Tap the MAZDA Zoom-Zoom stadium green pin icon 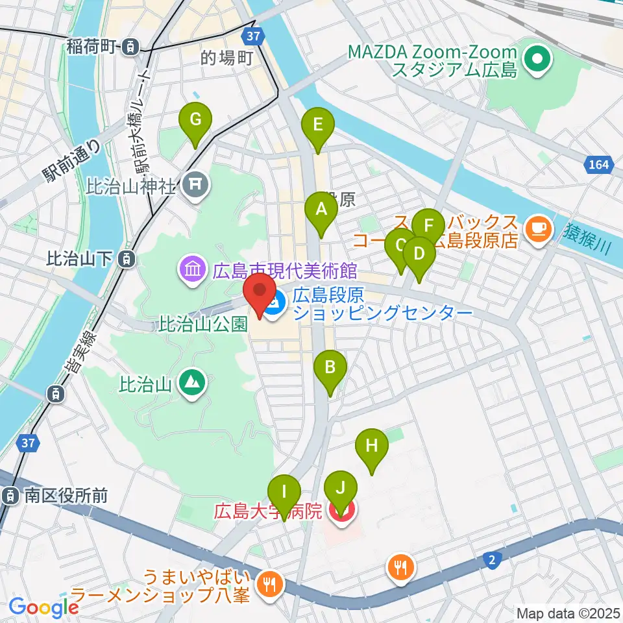538,60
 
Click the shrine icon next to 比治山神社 195,186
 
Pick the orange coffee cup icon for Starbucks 539,228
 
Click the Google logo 43,607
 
